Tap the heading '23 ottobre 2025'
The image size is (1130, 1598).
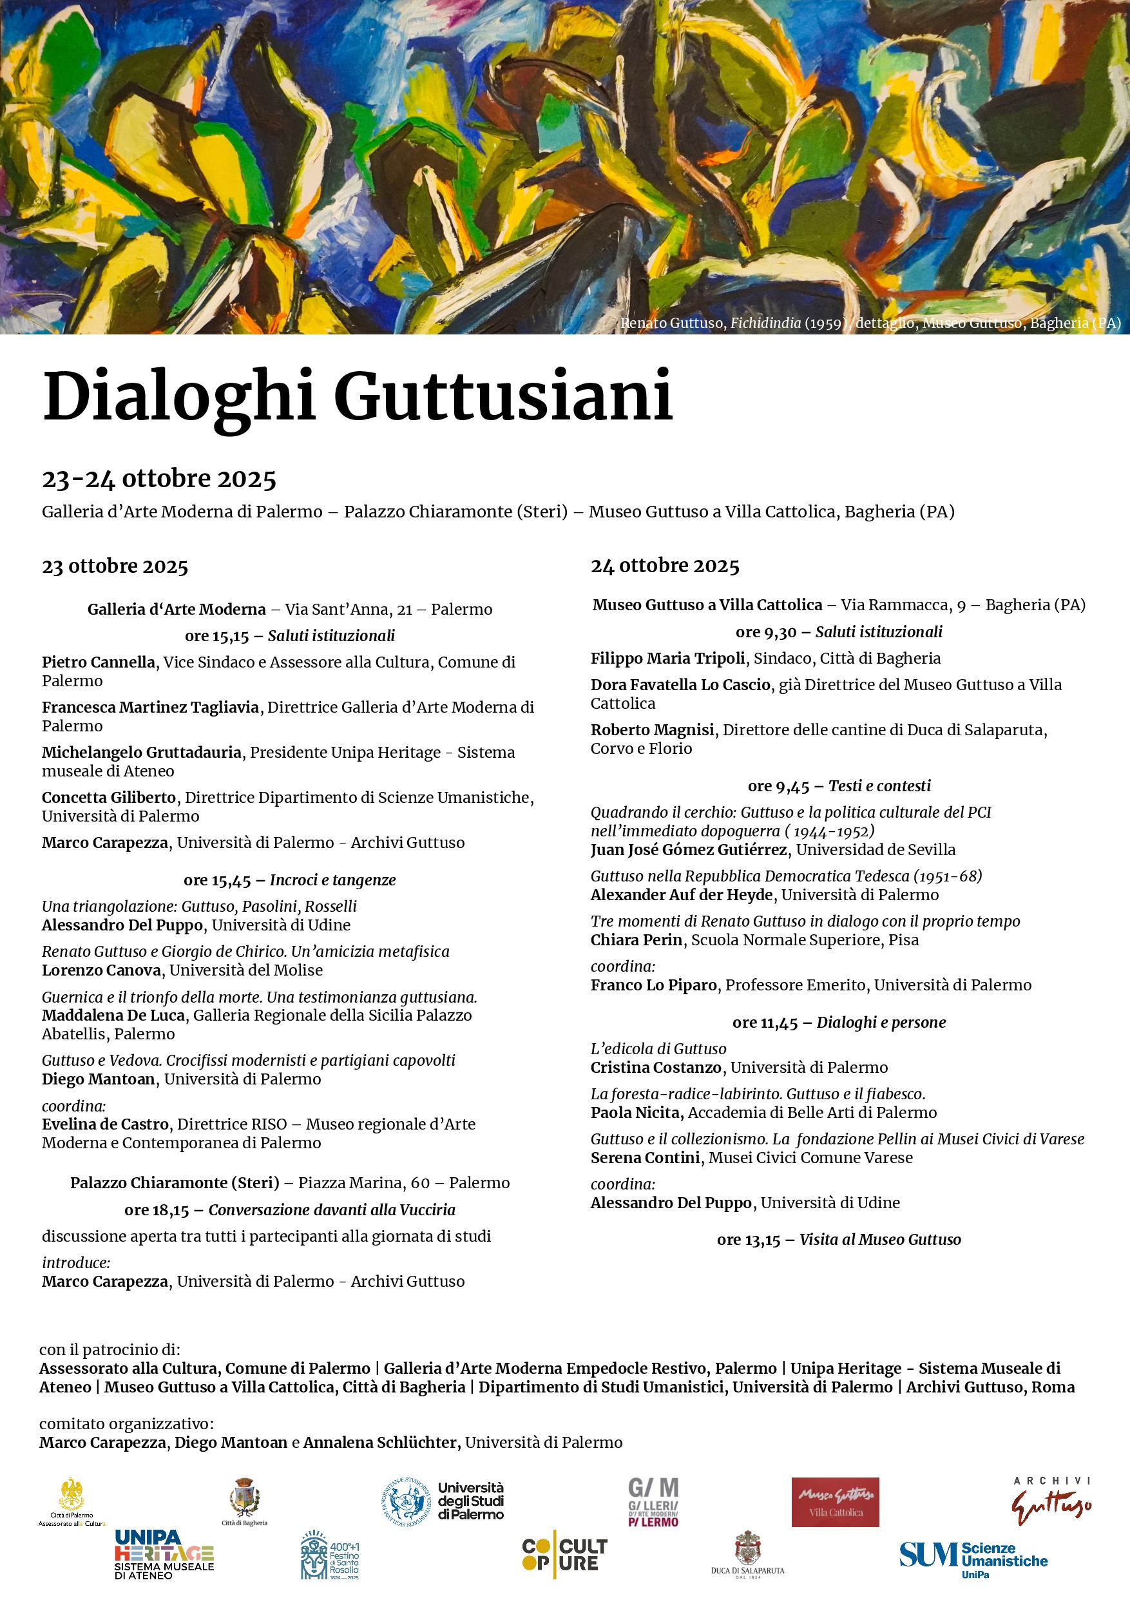pos(115,566)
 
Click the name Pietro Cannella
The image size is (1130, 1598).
pos(98,662)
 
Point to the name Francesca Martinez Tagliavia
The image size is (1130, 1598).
pos(150,707)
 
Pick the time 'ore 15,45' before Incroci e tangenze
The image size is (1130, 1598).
pos(216,880)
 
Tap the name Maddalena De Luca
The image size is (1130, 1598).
pos(113,1016)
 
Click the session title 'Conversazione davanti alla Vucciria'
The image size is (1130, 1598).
pos(332,1209)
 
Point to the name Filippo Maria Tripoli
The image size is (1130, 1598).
pos(667,659)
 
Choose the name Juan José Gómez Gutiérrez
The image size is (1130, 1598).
pos(689,850)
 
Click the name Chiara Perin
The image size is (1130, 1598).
pos(636,939)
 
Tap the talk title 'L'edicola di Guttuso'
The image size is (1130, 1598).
pos(658,1049)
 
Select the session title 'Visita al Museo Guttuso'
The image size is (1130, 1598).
pos(879,1240)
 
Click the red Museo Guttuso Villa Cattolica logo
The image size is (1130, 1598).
pos(835,1503)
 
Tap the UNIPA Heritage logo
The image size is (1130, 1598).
pos(164,1554)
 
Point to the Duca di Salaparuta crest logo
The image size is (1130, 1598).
pos(747,1554)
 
